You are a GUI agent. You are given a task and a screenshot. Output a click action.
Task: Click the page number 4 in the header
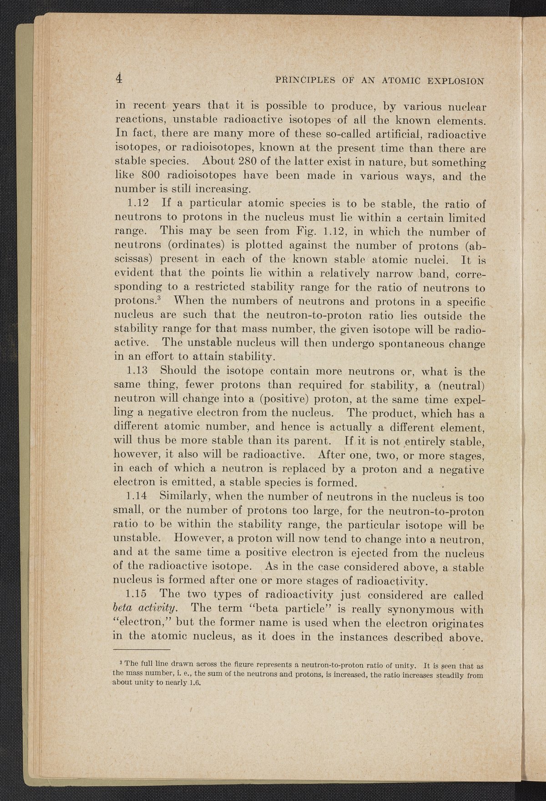(119, 78)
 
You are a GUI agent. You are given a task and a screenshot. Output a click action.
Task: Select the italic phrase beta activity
(146, 609)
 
